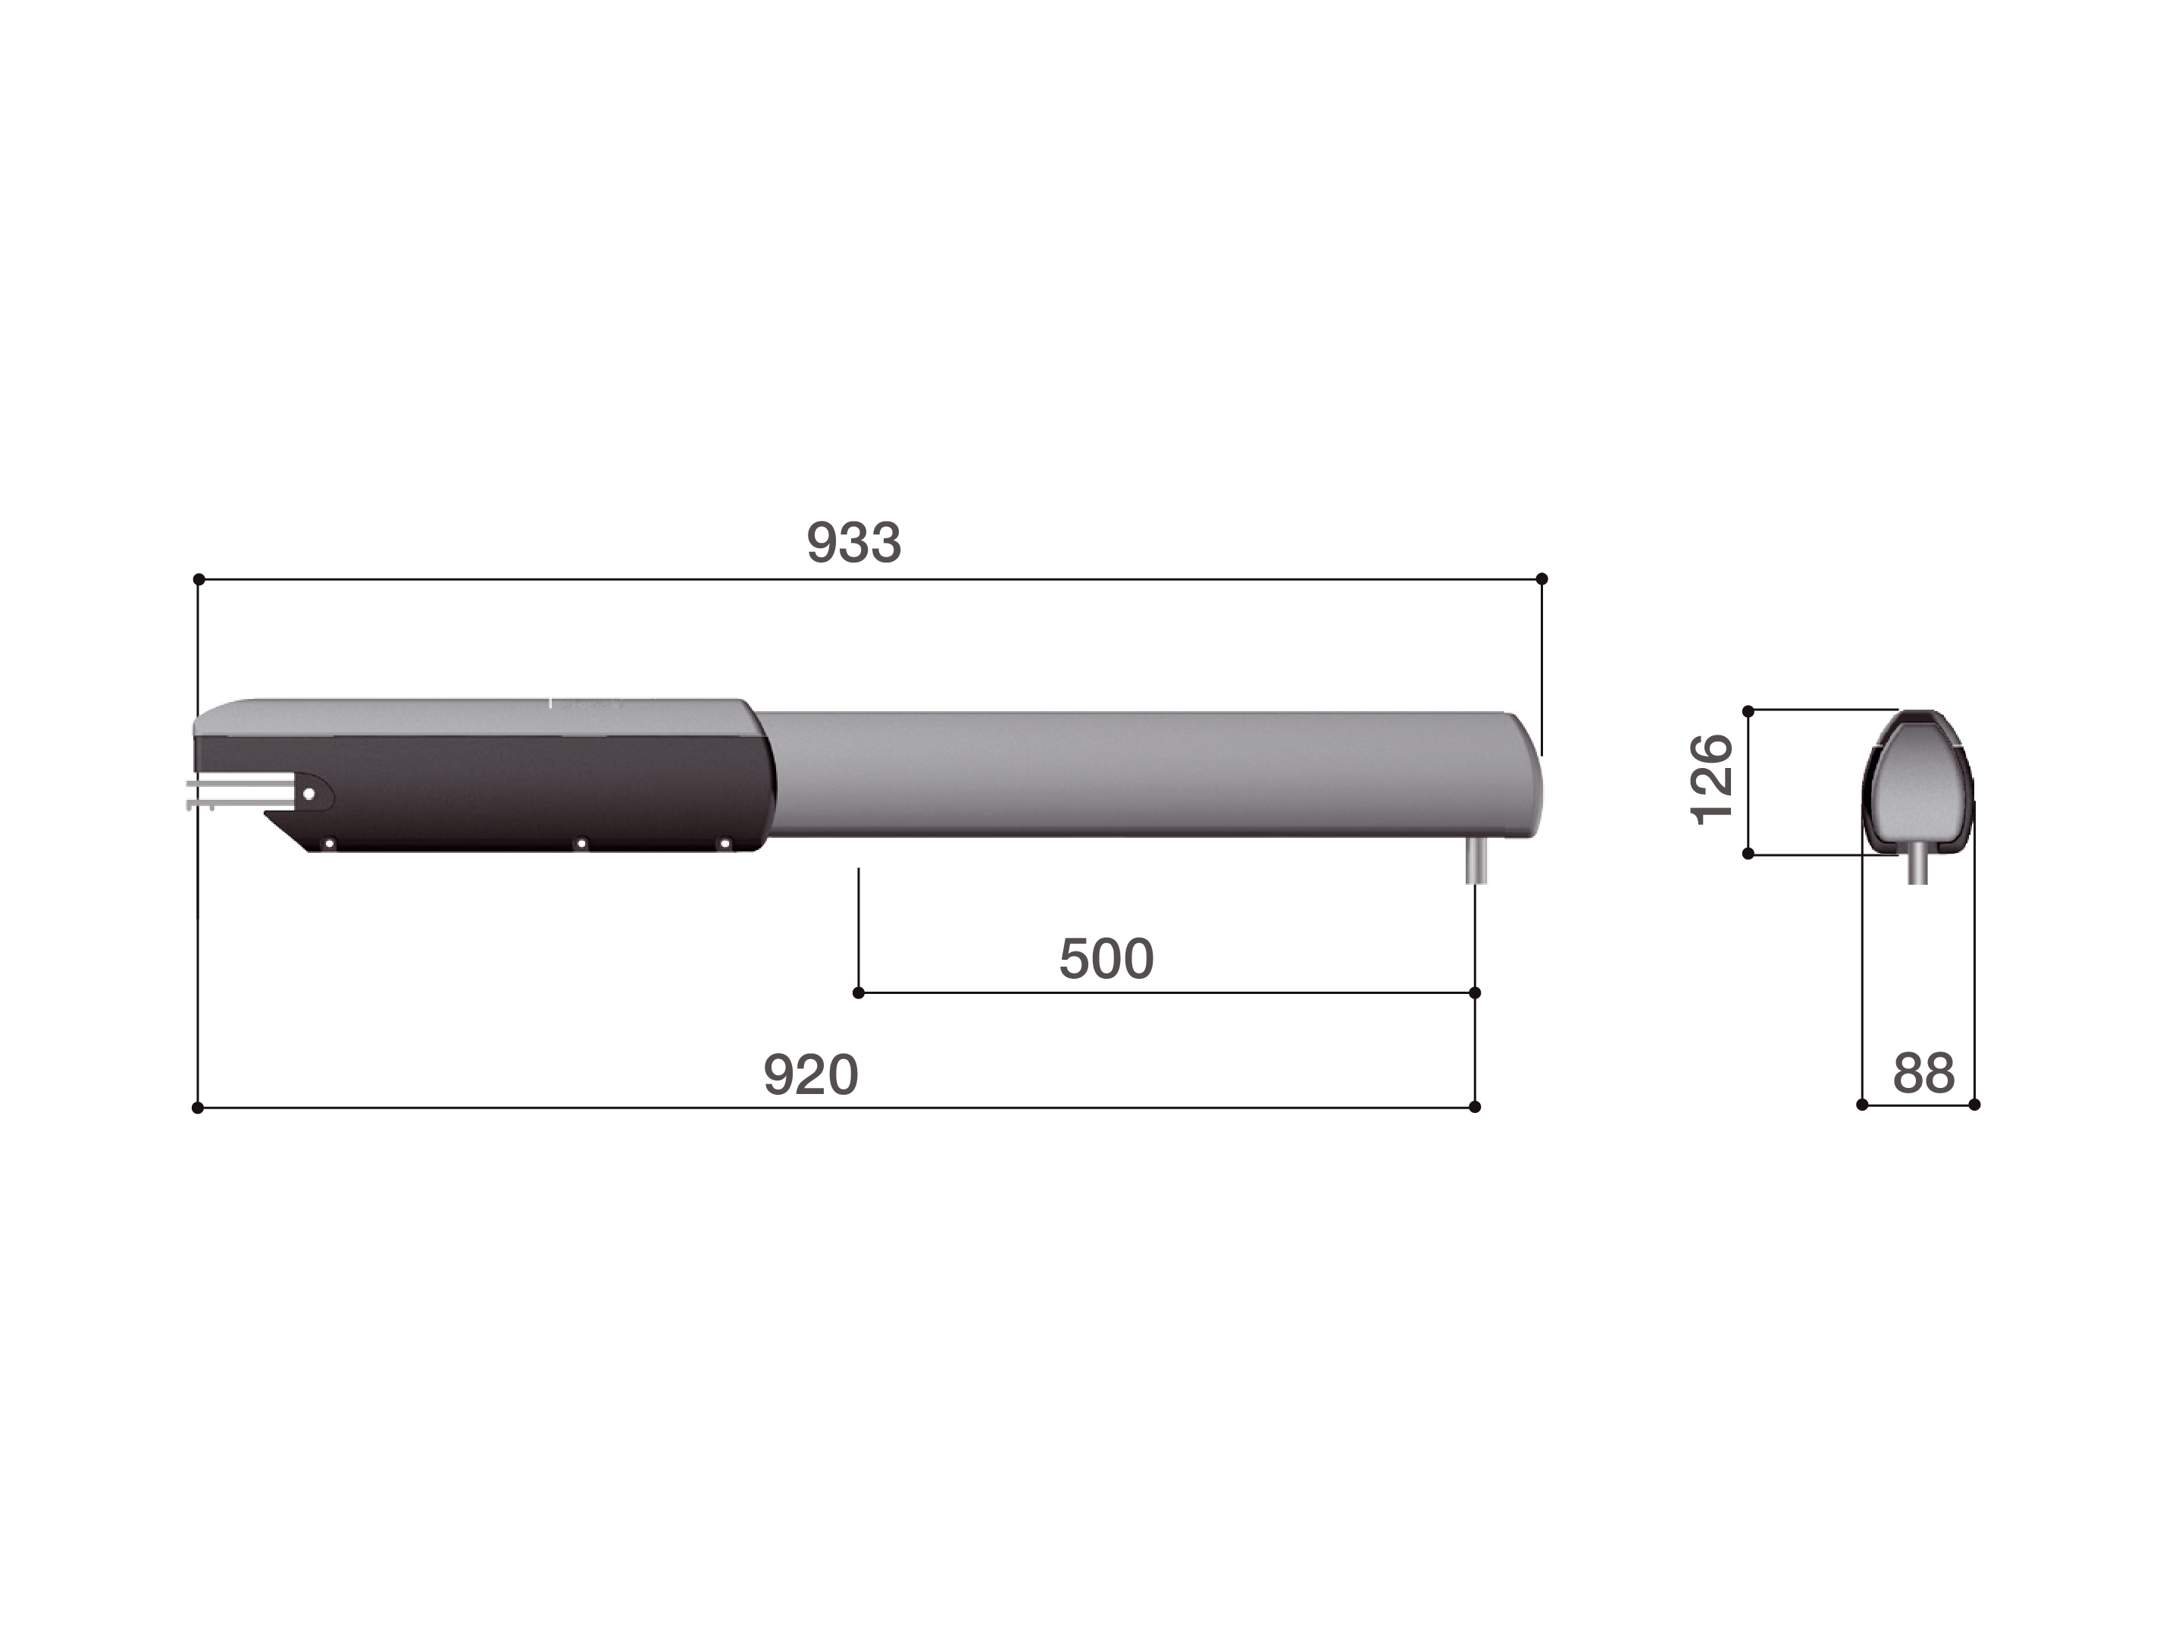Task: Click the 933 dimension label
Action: point(853,543)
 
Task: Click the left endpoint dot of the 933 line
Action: point(199,579)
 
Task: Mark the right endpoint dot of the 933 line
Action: point(1542,579)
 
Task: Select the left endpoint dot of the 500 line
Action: point(859,992)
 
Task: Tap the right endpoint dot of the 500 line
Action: point(1475,992)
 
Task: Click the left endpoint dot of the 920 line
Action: point(198,1107)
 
